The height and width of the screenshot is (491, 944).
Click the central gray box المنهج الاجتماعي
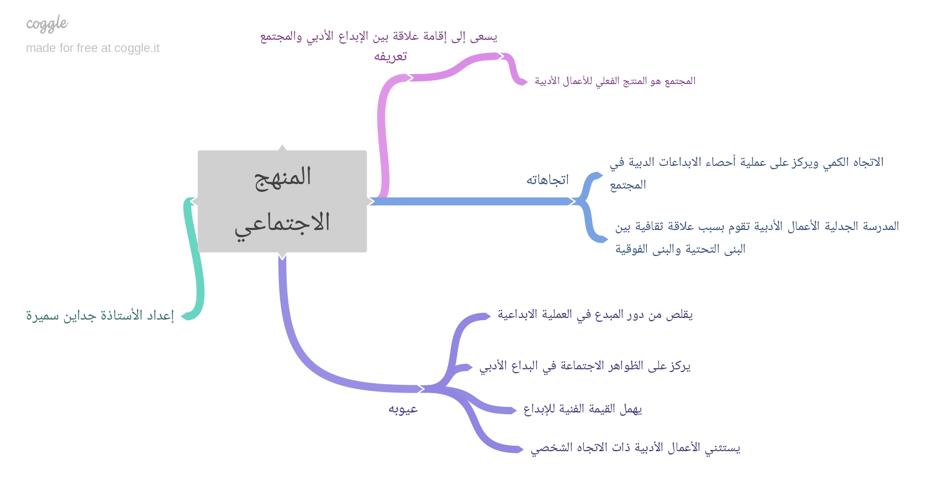pos(282,201)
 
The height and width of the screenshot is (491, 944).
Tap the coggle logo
pos(47,24)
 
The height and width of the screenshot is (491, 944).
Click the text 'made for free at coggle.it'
pos(93,48)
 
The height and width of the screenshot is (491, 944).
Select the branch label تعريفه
pos(390,56)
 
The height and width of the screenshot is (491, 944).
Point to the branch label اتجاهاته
pos(547,180)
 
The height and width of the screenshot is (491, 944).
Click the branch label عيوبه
pos(403,409)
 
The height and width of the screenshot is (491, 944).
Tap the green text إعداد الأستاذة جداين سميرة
pos(100,316)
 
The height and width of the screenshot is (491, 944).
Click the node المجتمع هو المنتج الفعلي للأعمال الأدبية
pos(615,81)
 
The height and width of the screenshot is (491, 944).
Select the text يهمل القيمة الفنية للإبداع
pos(582,409)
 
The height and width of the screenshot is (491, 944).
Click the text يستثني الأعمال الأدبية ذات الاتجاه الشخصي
pos(635,448)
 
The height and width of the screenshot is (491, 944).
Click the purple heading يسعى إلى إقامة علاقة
pos(379,36)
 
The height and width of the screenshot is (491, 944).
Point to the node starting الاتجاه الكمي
pos(746,174)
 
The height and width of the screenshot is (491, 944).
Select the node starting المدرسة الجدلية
pos(757,238)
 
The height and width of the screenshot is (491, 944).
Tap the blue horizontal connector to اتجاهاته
pos(472,202)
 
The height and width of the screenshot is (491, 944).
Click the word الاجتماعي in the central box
pos(282,223)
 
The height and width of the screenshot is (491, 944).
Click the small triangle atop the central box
pos(282,148)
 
